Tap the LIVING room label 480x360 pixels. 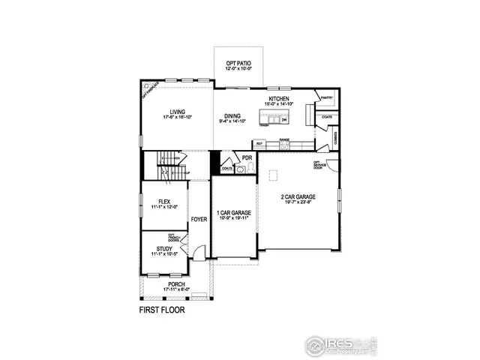177,112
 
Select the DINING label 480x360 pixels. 232,115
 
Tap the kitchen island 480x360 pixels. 274,118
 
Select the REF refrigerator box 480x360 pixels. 259,143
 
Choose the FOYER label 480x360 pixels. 199,220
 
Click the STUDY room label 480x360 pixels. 164,248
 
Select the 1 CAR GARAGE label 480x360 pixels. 233,213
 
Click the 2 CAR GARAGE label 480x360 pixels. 298,196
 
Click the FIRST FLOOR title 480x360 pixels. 162,308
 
